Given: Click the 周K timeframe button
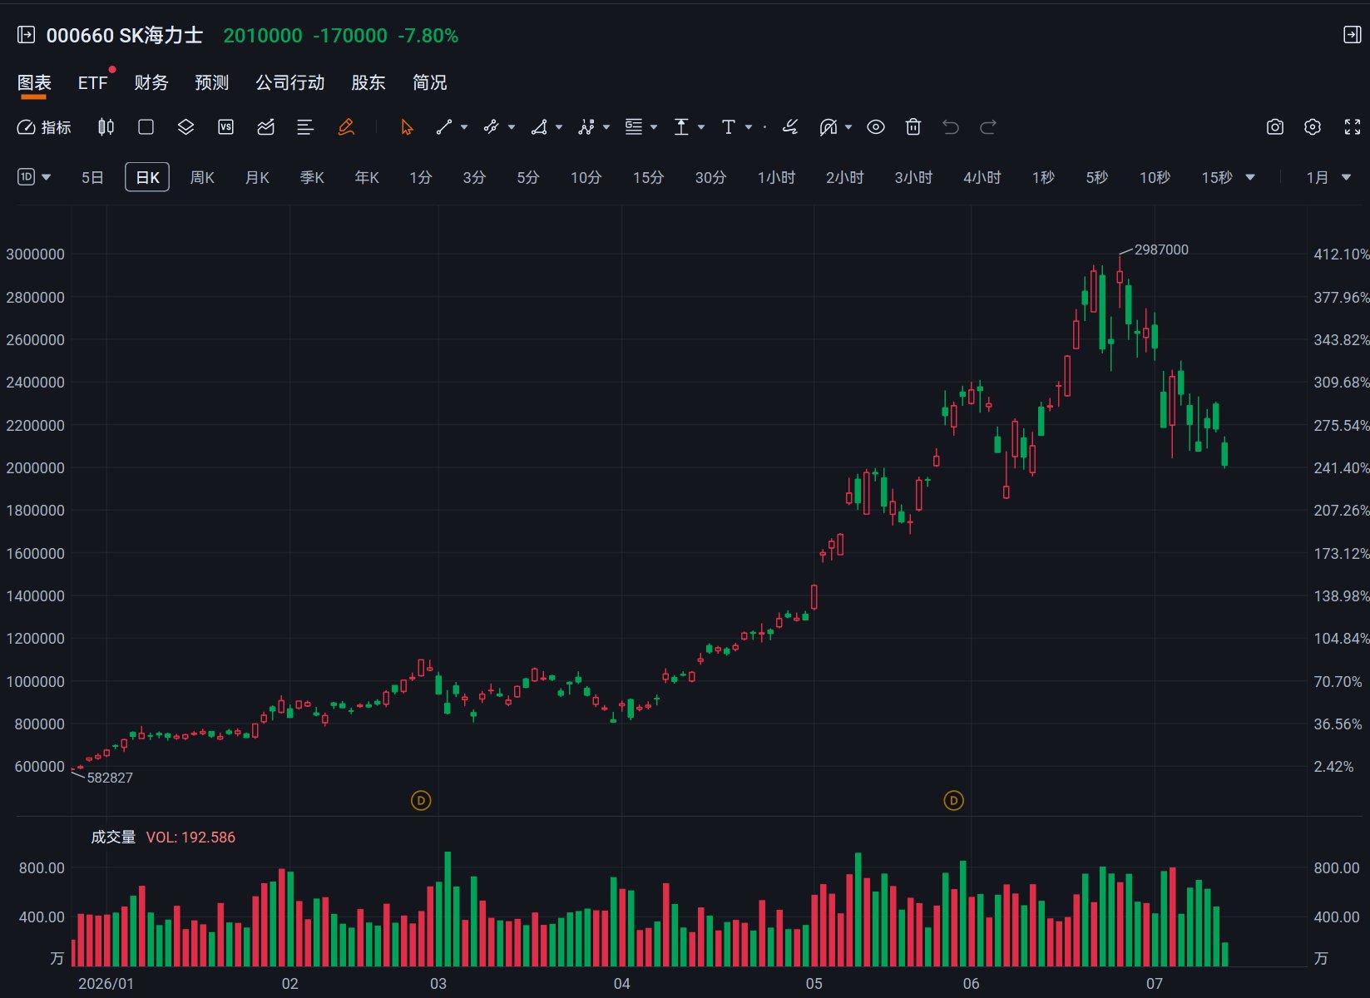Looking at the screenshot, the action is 202,177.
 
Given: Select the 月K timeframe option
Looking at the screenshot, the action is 257,177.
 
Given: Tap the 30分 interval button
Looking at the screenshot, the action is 710,177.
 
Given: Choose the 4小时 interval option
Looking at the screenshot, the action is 982,177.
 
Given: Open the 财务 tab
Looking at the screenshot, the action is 151,82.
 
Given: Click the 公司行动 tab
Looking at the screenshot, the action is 290,82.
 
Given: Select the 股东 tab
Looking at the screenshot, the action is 368,82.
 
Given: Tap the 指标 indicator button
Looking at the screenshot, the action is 44,127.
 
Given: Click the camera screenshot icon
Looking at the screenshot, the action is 1274,126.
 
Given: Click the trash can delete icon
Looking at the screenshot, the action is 913,126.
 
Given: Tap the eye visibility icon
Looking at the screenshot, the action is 876,126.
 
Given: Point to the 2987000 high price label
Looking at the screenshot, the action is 1161,249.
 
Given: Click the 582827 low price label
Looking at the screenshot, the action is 110,778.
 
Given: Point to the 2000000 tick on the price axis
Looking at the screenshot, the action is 35,467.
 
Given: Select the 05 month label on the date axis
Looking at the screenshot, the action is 814,983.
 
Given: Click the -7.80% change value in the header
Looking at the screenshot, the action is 428,36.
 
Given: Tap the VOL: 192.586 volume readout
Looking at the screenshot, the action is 190,837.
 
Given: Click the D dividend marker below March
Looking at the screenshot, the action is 421,800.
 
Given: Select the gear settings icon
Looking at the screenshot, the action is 1313,126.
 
